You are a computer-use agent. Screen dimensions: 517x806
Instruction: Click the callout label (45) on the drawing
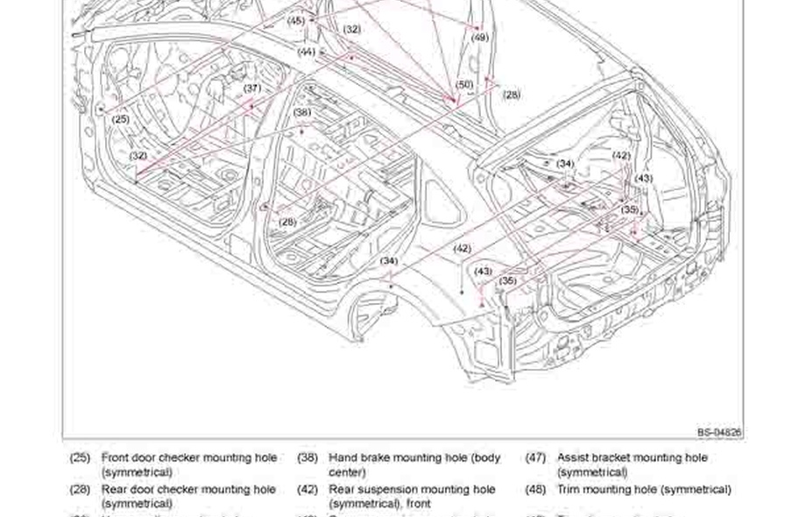[296, 20]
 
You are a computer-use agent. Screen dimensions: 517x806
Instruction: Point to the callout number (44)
[306, 52]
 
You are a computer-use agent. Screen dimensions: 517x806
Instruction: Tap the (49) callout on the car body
[479, 38]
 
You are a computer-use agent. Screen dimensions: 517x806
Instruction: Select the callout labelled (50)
[464, 84]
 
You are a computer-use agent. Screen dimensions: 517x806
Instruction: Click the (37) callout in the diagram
[252, 89]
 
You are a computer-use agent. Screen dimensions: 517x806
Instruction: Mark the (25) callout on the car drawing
[121, 119]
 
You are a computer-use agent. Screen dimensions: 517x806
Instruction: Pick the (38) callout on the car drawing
[302, 112]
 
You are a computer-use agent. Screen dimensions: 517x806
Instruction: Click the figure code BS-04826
[719, 433]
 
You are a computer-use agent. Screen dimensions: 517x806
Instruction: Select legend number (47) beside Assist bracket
[535, 457]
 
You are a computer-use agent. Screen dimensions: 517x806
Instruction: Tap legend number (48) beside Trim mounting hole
[535, 489]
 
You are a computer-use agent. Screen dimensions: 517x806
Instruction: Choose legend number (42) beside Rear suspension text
[307, 489]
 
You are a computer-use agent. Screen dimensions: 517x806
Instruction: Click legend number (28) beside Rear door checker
[80, 489]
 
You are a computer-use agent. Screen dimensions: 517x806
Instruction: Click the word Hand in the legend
[343, 457]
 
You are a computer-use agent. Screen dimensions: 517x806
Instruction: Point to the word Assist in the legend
[574, 457]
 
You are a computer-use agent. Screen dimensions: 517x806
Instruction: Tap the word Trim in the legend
[569, 489]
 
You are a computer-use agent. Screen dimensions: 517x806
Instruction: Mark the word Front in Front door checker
[115, 457]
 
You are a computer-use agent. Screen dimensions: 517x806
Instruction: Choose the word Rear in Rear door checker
[114, 489]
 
